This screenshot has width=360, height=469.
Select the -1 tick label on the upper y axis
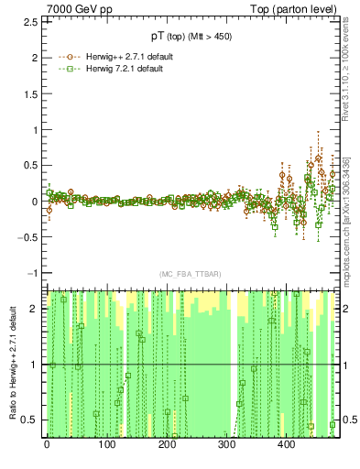[x=33, y=273]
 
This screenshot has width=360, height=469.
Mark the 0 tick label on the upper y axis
[x=36, y=202]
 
